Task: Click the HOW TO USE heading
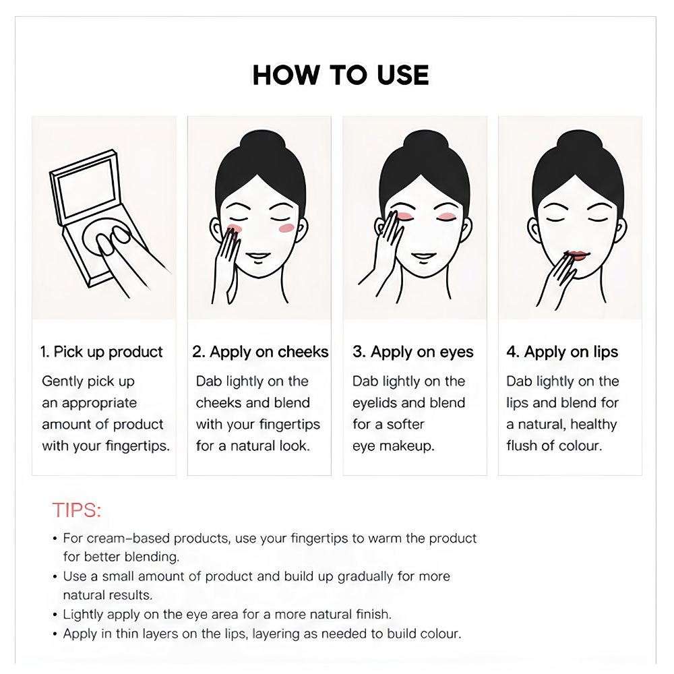pyautogui.click(x=340, y=75)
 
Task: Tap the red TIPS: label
pyautogui.click(x=77, y=510)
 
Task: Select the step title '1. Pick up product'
pyautogui.click(x=102, y=352)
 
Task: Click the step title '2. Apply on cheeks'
pyautogui.click(x=260, y=352)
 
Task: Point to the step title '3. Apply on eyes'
pyautogui.click(x=412, y=352)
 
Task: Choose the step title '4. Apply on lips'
pyautogui.click(x=562, y=352)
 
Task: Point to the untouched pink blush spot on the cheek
pyautogui.click(x=286, y=228)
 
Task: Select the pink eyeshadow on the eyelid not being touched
pyautogui.click(x=447, y=216)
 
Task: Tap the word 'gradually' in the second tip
pyautogui.click(x=365, y=577)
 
